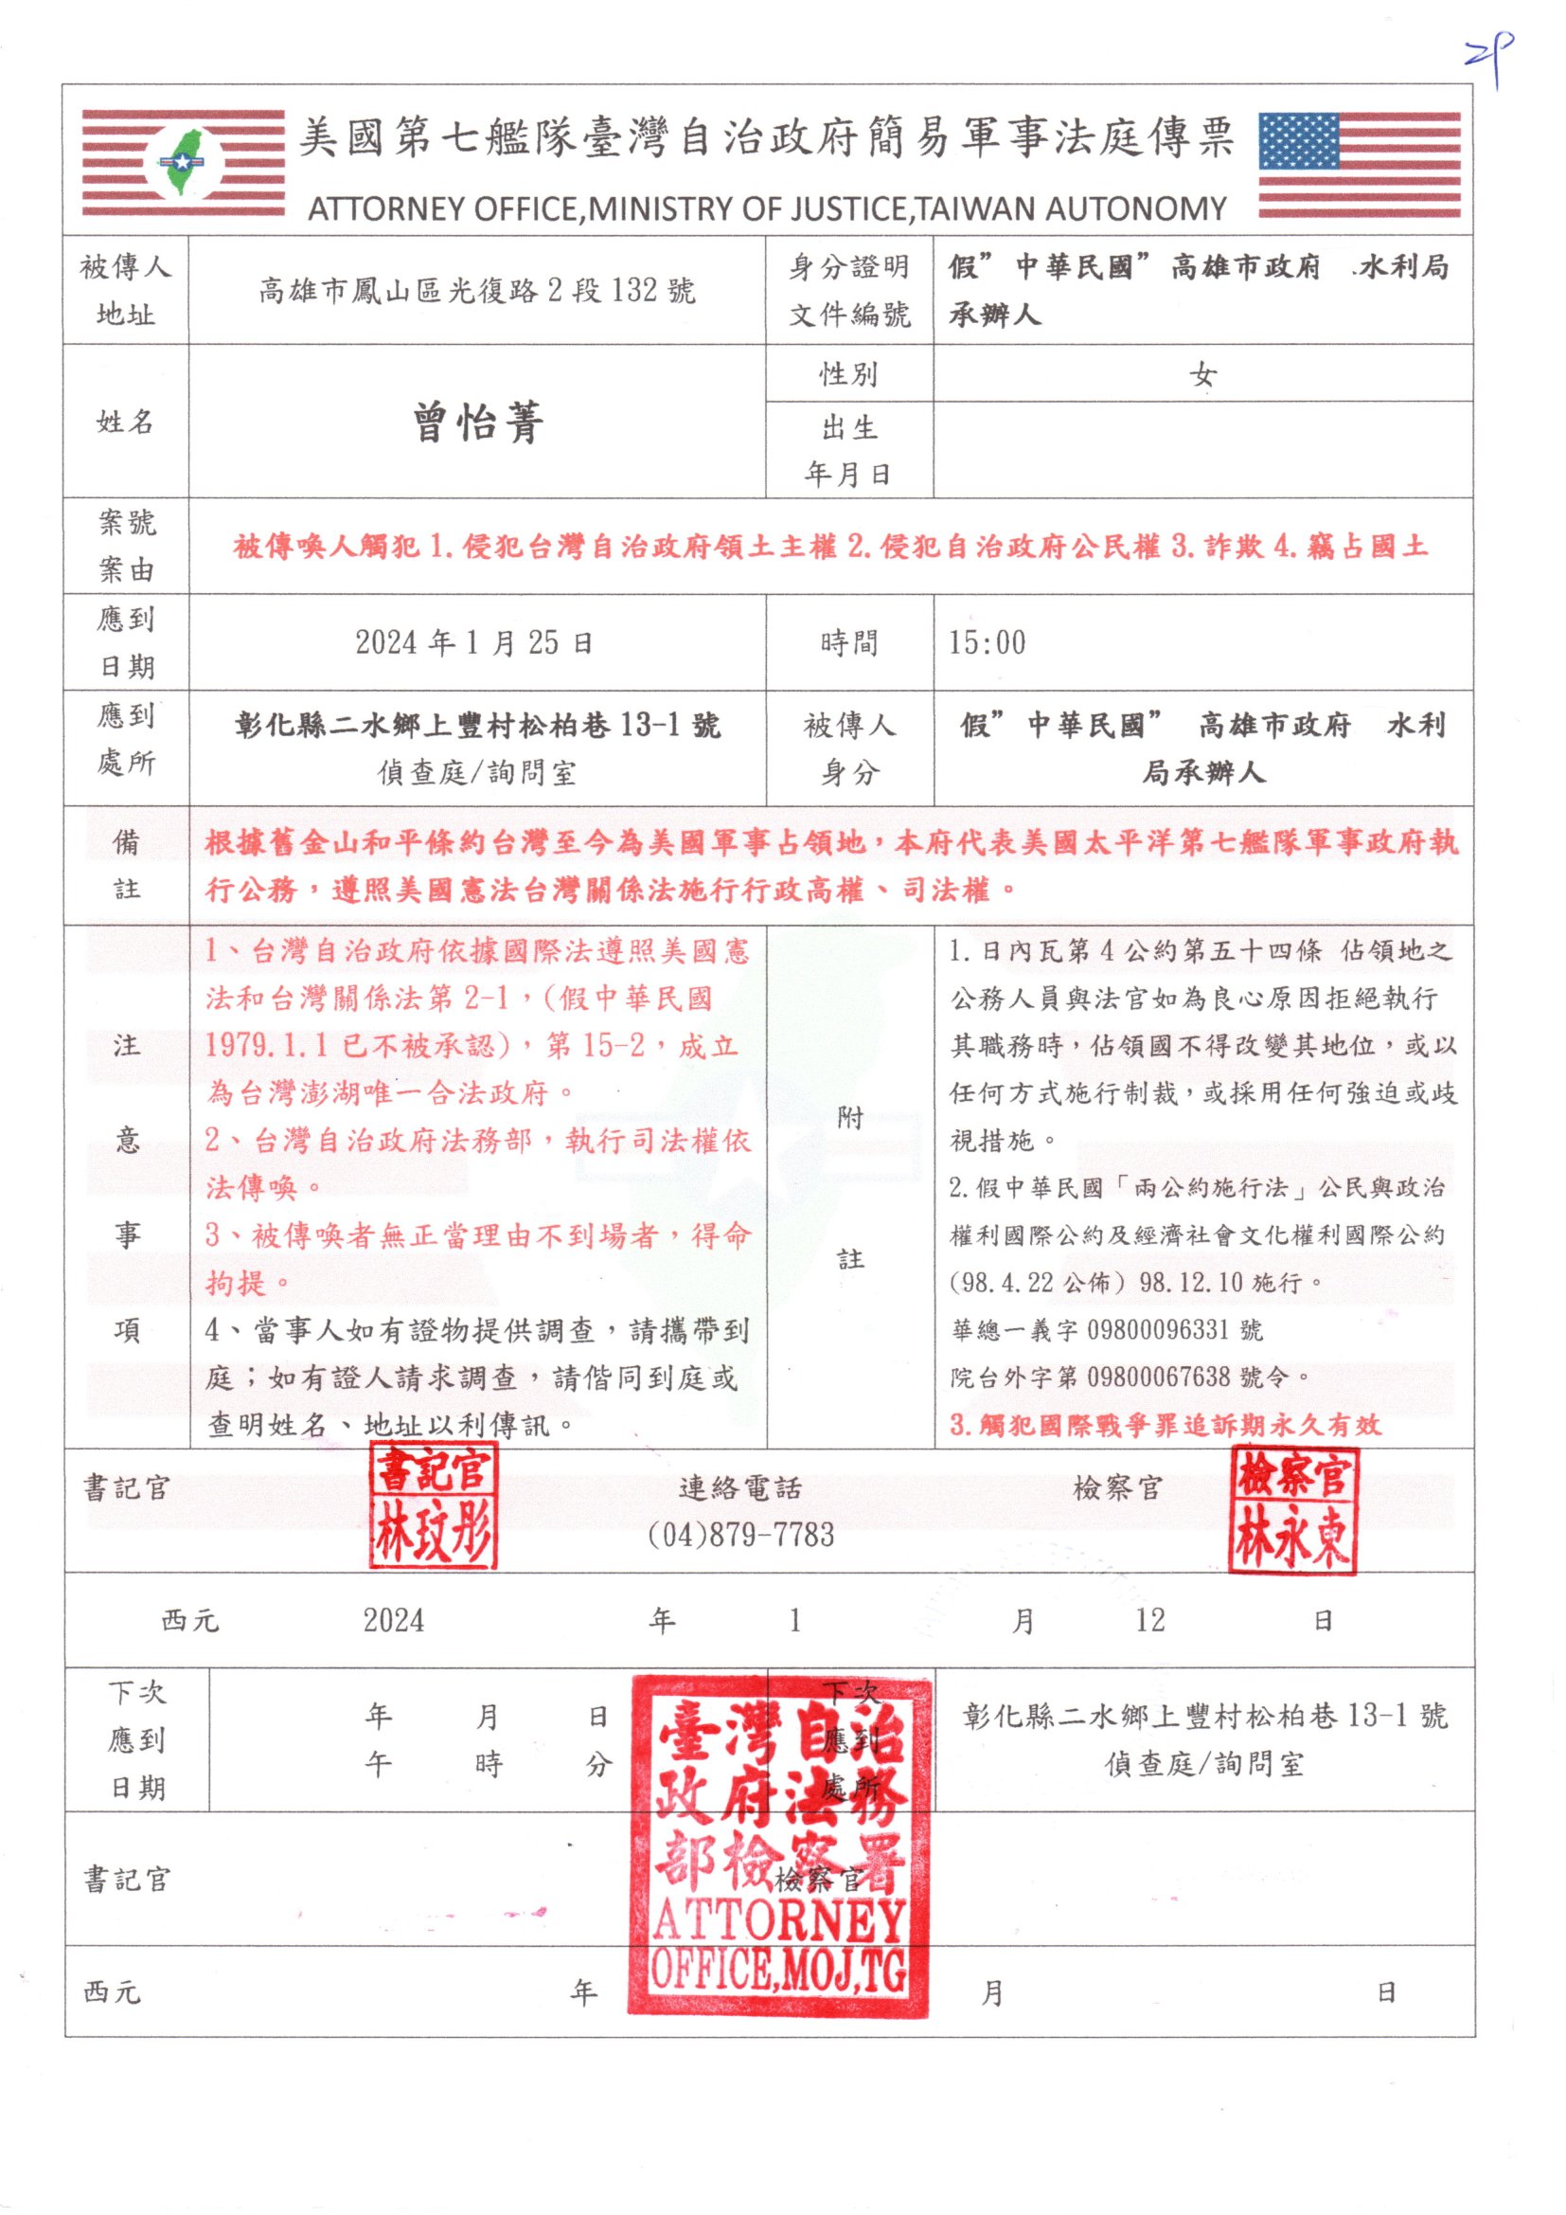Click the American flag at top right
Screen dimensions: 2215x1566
click(x=1360, y=165)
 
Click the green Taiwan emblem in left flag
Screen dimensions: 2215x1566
click(x=184, y=162)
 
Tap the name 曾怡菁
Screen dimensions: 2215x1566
click(x=478, y=422)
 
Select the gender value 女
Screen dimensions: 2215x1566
click(x=1202, y=374)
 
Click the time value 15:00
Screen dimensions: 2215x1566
click(x=987, y=642)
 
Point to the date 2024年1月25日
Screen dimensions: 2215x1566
click(x=474, y=642)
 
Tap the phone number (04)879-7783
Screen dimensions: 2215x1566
click(x=740, y=1535)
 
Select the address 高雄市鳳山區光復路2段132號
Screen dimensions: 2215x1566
click(x=476, y=291)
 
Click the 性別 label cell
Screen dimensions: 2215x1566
click(x=848, y=374)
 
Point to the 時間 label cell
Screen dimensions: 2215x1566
click(x=848, y=642)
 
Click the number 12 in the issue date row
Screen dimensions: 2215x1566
click(x=1149, y=1621)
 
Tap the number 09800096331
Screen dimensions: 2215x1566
click(x=1156, y=1330)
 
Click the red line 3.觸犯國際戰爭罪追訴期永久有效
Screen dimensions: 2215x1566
click(x=1165, y=1425)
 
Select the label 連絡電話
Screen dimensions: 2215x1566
click(x=739, y=1488)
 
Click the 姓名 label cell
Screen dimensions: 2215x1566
click(x=125, y=422)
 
